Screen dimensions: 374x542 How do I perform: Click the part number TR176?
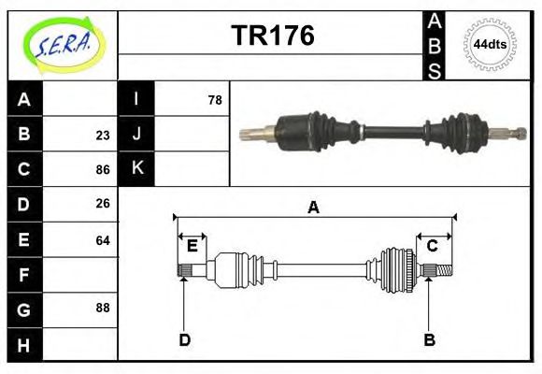(x=272, y=36)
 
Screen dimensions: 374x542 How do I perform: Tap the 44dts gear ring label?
(x=491, y=44)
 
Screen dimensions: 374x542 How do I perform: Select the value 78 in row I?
(x=214, y=99)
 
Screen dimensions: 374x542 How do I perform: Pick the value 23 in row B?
(x=102, y=135)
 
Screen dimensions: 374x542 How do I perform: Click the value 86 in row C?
(x=102, y=170)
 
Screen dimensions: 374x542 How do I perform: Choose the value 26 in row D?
(x=102, y=204)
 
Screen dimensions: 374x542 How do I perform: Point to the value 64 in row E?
(x=102, y=240)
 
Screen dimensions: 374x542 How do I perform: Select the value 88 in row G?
(x=102, y=308)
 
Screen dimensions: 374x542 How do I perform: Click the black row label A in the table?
(x=24, y=99)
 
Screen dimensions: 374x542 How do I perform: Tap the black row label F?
(x=24, y=275)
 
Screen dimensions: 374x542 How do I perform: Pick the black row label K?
(x=136, y=169)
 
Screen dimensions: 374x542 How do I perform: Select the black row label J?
(x=136, y=134)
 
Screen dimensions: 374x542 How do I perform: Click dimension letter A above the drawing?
(x=313, y=208)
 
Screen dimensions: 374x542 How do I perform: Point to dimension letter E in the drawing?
(x=192, y=246)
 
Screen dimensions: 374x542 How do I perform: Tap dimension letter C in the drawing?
(x=433, y=246)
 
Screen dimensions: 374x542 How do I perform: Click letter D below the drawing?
(x=184, y=340)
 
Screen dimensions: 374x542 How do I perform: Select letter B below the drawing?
(x=429, y=340)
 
